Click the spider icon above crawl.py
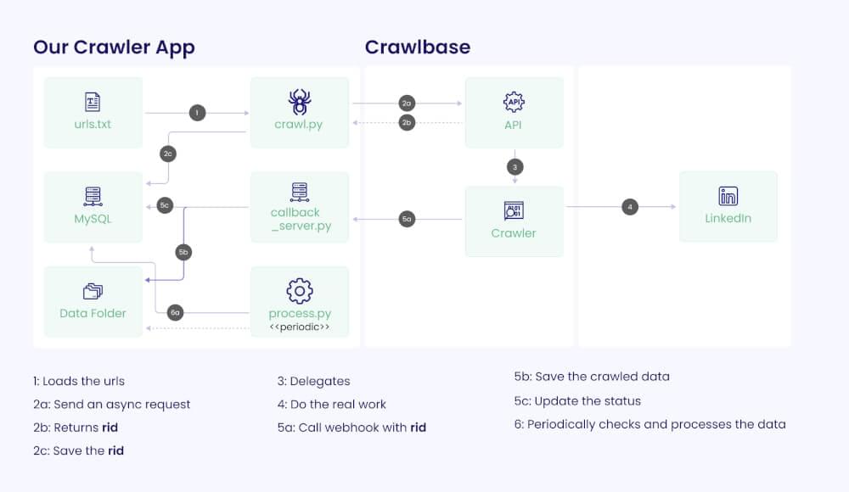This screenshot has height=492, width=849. tap(299, 103)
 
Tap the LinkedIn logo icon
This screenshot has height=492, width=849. tap(728, 196)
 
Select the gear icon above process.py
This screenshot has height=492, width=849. tap(299, 291)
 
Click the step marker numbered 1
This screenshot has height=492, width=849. tap(197, 113)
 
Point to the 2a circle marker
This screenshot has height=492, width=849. tap(407, 103)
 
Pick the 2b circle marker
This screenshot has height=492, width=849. tap(407, 122)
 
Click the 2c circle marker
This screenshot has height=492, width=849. tap(168, 154)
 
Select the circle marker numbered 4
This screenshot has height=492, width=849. tap(629, 206)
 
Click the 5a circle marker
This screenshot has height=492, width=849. tap(407, 220)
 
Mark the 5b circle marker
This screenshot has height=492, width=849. tap(183, 252)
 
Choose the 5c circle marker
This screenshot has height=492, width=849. tap(166, 205)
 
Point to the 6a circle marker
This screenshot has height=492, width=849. tap(175, 312)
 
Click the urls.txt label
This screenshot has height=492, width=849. tap(93, 125)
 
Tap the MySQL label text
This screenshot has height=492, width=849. tap(93, 219)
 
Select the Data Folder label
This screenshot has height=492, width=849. tap(93, 313)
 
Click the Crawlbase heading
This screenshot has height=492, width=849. tap(417, 47)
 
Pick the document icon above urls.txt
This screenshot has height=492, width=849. tap(93, 103)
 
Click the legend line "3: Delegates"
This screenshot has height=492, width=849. tap(313, 382)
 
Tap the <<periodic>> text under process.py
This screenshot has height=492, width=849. tap(299, 327)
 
